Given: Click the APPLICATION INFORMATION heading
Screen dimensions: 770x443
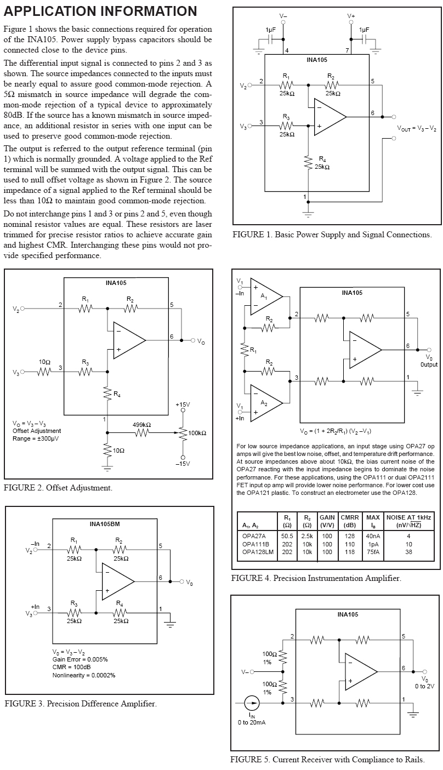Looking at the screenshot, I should point(100,12).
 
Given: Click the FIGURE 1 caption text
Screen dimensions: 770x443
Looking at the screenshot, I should point(332,235).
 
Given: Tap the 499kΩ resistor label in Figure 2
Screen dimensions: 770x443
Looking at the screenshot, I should point(141,425).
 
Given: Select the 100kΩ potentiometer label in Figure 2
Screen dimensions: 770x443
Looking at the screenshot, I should point(197,433).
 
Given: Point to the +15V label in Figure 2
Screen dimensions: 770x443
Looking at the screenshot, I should point(183,404).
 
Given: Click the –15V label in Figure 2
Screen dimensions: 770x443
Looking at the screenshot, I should point(183,464).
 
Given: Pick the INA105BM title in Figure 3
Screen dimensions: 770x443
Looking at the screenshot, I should point(104,524).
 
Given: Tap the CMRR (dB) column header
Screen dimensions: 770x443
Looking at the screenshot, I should point(349,521).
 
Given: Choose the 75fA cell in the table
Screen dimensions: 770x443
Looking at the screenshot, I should point(373,552).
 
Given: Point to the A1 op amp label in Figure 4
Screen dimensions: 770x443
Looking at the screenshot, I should point(264,296).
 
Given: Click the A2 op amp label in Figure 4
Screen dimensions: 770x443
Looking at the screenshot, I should point(264,403).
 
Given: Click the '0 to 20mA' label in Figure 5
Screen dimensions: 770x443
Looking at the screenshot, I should point(252,722).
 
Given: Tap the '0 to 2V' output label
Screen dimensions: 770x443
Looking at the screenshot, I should point(424,686).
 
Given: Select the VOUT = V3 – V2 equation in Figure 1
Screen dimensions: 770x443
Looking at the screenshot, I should point(417,128).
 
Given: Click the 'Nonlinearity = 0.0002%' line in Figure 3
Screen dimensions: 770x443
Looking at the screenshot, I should point(84,675).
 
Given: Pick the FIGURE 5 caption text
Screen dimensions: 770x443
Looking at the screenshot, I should point(327,760).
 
